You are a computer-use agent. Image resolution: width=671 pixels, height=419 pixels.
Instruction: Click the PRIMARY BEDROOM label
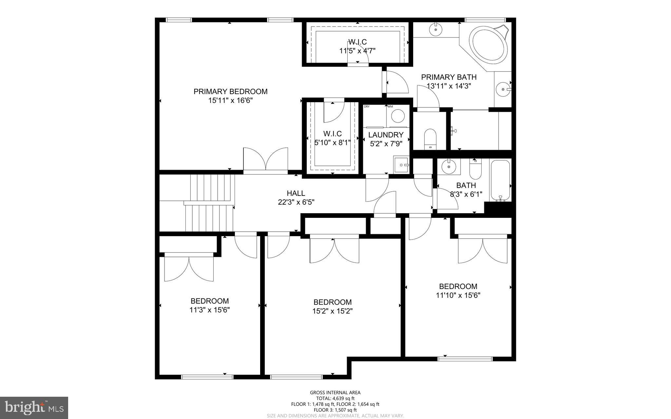click(x=230, y=91)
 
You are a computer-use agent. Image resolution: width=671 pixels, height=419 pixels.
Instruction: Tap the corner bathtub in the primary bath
click(x=488, y=45)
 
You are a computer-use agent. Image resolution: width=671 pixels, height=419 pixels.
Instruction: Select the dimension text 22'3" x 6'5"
click(x=296, y=202)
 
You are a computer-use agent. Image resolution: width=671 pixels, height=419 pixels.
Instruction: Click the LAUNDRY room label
click(x=386, y=135)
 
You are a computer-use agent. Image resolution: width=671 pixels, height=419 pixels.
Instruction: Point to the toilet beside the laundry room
click(x=430, y=139)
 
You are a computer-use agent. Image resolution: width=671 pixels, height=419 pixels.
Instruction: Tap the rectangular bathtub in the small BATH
click(x=500, y=181)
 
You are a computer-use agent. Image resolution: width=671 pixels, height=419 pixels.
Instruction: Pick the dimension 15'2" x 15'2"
click(x=332, y=311)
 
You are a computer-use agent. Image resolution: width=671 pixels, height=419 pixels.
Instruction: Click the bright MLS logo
click(x=34, y=407)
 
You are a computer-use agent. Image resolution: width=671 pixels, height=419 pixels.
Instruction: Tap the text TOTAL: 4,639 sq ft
click(x=335, y=398)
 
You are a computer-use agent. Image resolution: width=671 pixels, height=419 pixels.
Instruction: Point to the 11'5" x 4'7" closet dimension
click(x=357, y=51)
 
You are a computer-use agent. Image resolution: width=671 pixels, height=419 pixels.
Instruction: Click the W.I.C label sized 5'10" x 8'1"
click(x=332, y=134)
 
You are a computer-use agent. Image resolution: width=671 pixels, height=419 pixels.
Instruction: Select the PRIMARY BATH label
click(x=449, y=77)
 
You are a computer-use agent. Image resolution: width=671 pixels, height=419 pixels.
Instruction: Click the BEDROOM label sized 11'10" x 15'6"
click(x=458, y=286)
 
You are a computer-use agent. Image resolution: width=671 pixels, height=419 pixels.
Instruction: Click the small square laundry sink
click(x=401, y=164)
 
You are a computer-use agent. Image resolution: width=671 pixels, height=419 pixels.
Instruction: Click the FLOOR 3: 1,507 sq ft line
click(x=335, y=410)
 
